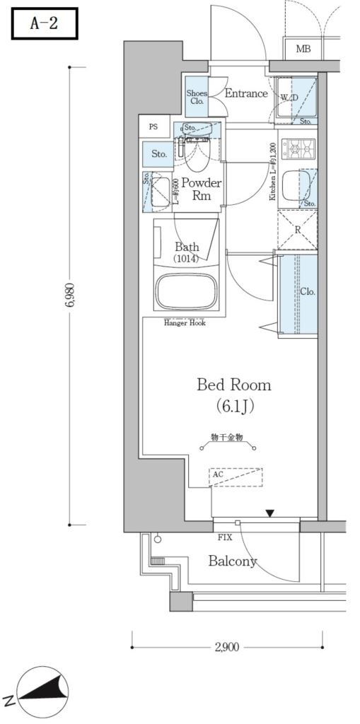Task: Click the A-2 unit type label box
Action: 44,23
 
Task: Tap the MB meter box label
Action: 303,49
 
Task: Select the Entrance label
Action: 246,93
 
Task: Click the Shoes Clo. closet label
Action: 197,98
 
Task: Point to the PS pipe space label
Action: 153,127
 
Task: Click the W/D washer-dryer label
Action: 289,97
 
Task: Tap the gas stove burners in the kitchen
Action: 298,150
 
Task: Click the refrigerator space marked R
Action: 297,230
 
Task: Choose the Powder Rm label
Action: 202,190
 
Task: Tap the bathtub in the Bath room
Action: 186,291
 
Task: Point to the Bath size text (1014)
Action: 186,259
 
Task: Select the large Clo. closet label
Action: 307,291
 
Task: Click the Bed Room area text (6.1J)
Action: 233,407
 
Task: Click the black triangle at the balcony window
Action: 269,513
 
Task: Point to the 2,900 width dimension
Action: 226,646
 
